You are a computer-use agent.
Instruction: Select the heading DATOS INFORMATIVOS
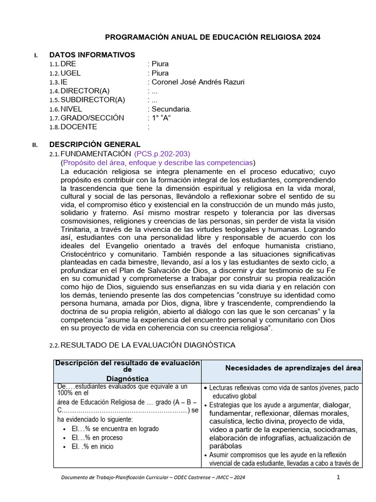92,55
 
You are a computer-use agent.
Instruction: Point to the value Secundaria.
171,109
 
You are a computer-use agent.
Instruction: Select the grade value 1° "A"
161,118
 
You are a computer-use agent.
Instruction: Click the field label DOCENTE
78,126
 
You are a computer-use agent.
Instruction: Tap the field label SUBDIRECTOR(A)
93,100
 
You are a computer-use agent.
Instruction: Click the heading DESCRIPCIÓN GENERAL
94,145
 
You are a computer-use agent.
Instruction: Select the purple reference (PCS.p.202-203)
162,154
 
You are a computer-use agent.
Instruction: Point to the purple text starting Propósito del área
158,162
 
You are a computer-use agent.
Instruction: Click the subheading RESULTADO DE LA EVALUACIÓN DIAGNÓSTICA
148,345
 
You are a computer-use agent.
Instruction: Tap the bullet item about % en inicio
93,446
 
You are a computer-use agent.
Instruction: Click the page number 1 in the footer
338,478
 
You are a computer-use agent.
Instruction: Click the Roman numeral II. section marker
35,145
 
